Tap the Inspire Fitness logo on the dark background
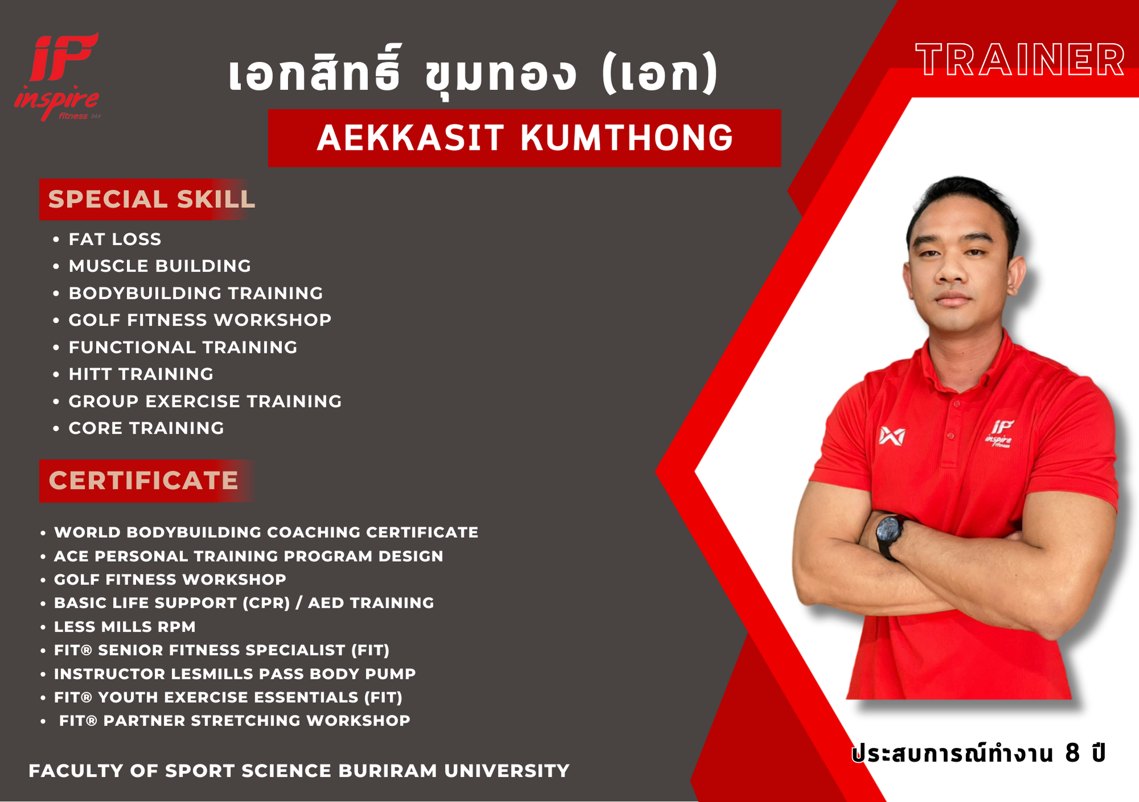[x=57, y=76]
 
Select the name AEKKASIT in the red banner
[x=411, y=138]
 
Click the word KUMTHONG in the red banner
[x=626, y=138]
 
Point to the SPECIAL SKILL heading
[x=151, y=199]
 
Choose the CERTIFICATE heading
[x=144, y=480]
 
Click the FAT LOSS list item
[x=115, y=239]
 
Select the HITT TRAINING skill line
[x=141, y=374]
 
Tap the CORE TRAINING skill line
[x=146, y=428]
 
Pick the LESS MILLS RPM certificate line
[x=125, y=627]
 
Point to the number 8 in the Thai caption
[x=1072, y=753]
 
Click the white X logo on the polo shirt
[x=892, y=435]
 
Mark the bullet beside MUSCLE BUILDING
[x=56, y=266]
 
